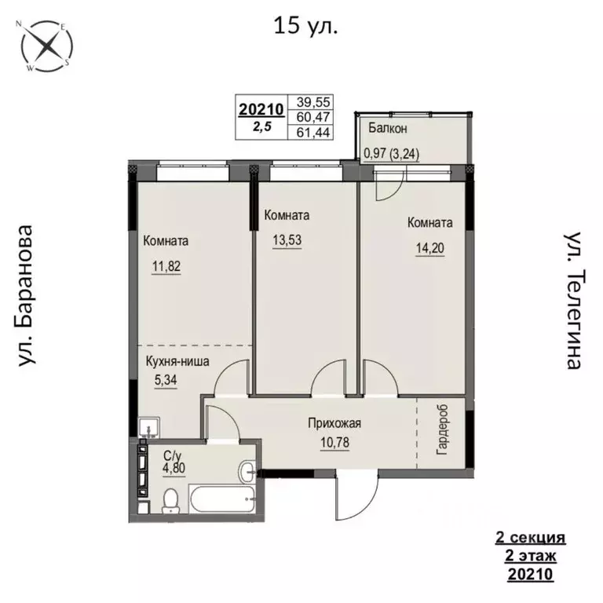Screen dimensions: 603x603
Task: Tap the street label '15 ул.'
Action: click(306, 27)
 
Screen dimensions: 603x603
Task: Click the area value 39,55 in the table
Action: click(311, 102)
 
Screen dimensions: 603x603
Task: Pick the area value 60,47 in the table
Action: click(311, 117)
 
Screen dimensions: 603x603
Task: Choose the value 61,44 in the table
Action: click(311, 132)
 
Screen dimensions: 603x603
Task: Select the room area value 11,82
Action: click(166, 266)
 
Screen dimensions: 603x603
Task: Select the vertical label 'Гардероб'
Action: click(441, 430)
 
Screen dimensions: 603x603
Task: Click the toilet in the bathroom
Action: click(168, 500)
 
